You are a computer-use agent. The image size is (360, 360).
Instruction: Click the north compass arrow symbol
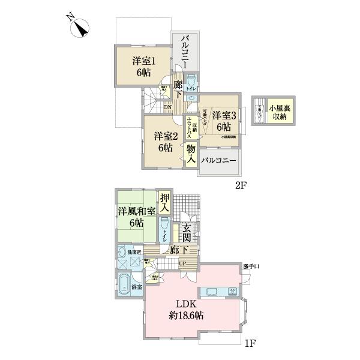[x=80, y=28]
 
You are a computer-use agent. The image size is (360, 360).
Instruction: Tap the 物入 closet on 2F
[x=191, y=154]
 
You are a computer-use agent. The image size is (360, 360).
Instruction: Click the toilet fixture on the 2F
[x=190, y=82]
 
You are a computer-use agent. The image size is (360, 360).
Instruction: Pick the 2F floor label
[x=241, y=185]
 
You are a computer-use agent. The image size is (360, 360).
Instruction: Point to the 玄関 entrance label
[x=187, y=230]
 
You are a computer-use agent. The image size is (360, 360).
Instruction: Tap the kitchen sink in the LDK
[x=214, y=293]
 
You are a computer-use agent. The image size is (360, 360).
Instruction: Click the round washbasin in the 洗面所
[x=123, y=252]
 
